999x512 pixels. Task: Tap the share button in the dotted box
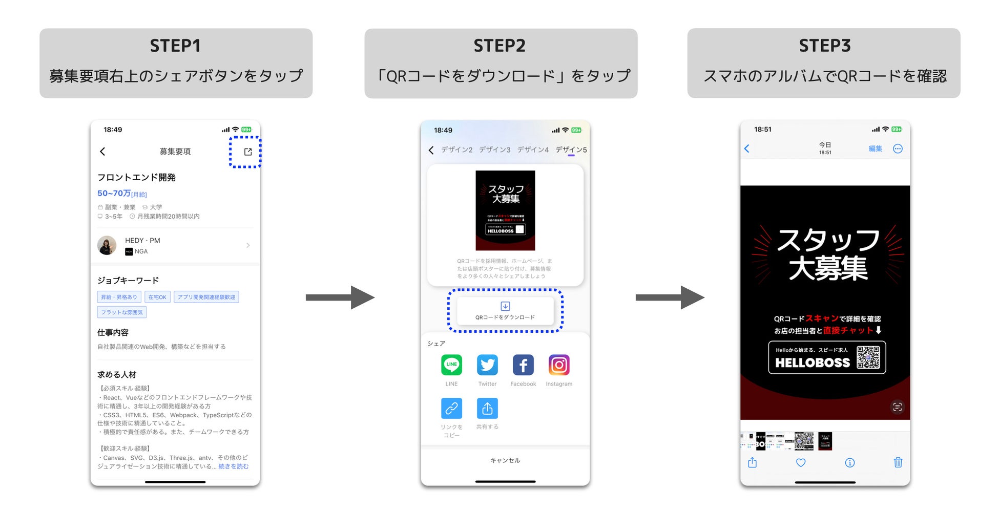(x=248, y=152)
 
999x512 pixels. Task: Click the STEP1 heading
(x=175, y=46)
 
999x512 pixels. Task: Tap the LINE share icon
(x=451, y=365)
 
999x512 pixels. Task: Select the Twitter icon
(x=487, y=365)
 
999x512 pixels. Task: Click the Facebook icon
(x=523, y=365)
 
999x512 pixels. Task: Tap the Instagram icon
(x=559, y=365)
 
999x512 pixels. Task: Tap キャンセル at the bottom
(x=505, y=460)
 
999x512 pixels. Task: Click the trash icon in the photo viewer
(x=898, y=462)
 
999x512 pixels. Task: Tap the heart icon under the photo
(x=801, y=462)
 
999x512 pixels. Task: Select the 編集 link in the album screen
(x=875, y=148)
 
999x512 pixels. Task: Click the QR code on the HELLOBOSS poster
(x=868, y=357)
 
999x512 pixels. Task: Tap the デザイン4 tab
(x=533, y=150)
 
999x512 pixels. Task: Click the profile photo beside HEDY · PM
(x=107, y=245)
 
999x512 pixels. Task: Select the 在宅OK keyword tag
(x=157, y=297)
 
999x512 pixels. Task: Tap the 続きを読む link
(x=234, y=466)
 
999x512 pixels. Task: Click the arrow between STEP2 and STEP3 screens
(x=669, y=297)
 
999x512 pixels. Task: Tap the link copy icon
(x=451, y=408)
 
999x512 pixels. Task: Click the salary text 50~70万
(x=114, y=193)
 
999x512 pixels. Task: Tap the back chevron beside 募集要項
(x=102, y=151)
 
